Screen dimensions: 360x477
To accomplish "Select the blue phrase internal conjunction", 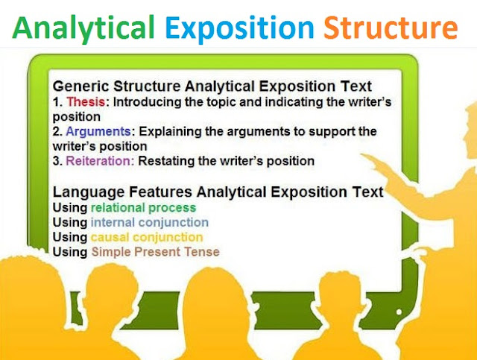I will pyautogui.click(x=150, y=222).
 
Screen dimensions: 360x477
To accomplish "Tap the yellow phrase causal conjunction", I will pyautogui.click(x=146, y=237).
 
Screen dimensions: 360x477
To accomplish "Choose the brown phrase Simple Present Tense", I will pyautogui.click(x=155, y=252).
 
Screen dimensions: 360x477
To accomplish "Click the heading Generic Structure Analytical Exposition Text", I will pyautogui.click(x=212, y=86).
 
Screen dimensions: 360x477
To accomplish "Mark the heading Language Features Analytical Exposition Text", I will pyautogui.click(x=218, y=192).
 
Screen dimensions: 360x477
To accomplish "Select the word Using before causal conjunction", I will pyautogui.click(x=70, y=237).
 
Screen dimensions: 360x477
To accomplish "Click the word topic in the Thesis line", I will pyautogui.click(x=224, y=102).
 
